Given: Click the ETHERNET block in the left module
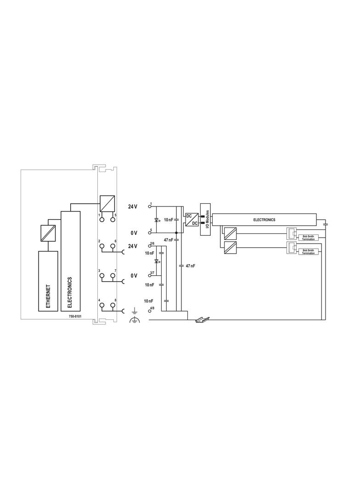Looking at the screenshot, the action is [x=48, y=281].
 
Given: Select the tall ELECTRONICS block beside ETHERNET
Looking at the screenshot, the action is [x=71, y=261].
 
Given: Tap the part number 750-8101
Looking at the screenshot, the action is [x=75, y=316].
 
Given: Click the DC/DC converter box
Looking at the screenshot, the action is [x=191, y=220].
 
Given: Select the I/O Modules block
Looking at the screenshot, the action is [x=206, y=219].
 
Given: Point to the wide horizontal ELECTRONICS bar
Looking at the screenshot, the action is [x=264, y=220].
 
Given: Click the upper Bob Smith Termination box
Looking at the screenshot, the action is [x=308, y=238].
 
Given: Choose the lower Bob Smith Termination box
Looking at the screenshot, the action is [x=308, y=252].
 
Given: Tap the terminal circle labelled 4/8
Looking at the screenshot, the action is [x=150, y=311].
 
